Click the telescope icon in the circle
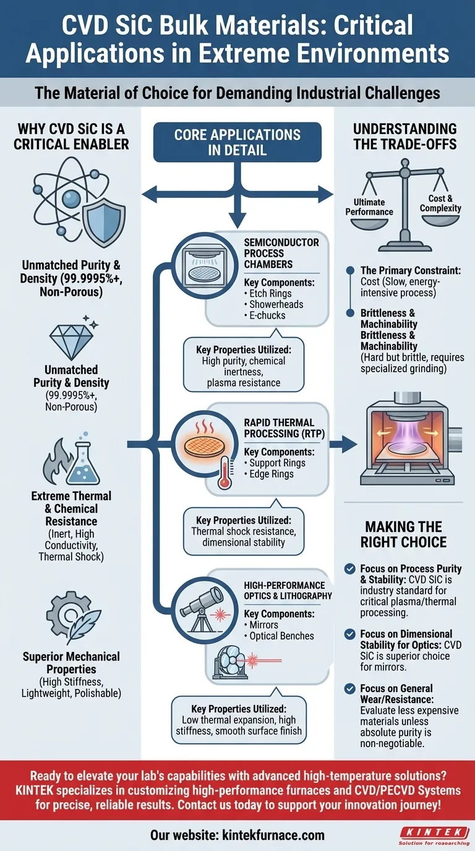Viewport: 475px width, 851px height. [199, 605]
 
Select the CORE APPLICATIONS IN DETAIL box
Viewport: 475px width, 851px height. [237, 142]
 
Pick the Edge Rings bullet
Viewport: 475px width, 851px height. [272, 474]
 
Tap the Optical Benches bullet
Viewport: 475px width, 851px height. [282, 636]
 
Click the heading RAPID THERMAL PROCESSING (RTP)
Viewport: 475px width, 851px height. [280, 429]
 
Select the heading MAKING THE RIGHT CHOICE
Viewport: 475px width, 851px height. [404, 534]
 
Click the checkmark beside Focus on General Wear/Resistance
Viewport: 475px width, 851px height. [351, 688]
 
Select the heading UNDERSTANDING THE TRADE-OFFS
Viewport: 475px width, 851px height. [404, 137]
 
